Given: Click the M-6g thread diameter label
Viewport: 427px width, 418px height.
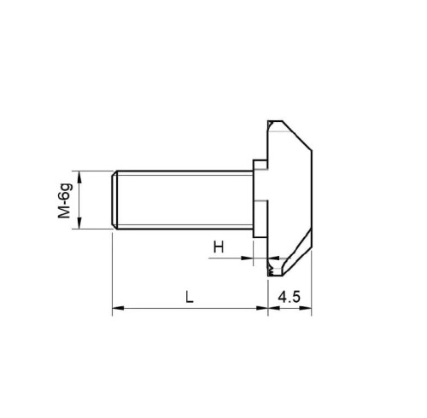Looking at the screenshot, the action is point(65,200).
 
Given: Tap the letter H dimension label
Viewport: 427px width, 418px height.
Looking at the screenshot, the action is point(219,247).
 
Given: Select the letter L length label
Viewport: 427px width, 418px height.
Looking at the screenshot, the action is point(190,297).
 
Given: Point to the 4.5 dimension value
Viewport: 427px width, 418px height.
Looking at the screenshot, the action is point(290,297).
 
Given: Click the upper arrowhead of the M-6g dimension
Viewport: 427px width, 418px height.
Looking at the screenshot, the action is point(79,177).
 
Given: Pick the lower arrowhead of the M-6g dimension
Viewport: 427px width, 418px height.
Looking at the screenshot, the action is point(79,223).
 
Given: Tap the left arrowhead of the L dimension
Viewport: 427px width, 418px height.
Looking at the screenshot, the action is point(118,308).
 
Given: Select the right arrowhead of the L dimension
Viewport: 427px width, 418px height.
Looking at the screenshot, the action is point(262,308).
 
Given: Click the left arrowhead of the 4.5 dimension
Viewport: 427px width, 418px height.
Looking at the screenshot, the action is point(274,308).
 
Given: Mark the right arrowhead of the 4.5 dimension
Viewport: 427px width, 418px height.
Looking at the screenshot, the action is point(306,308).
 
